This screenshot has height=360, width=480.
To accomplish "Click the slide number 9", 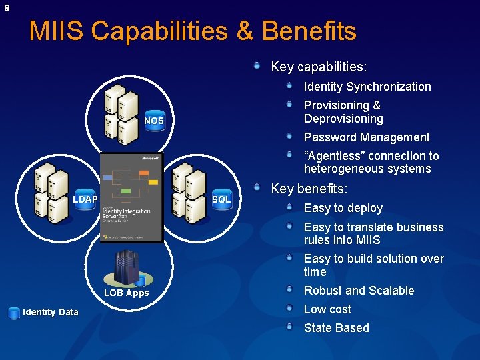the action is [x=7, y=8].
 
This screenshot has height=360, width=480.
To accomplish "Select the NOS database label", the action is [x=154, y=121].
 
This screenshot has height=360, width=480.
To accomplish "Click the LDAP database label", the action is [x=85, y=199].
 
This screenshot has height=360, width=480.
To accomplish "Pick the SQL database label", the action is [x=221, y=199].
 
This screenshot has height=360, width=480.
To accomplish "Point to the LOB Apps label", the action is [x=126, y=293].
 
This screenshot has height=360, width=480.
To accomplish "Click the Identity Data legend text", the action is [x=51, y=312].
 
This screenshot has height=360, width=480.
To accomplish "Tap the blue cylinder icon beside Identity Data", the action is [x=14, y=313].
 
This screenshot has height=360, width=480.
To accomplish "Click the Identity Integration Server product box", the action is [x=131, y=197].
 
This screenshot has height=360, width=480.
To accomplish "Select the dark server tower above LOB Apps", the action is [x=125, y=267].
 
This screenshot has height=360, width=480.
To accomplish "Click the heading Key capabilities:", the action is [x=319, y=67].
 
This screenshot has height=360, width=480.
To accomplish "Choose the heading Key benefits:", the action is [x=309, y=189].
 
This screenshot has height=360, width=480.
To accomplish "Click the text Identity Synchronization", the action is [x=367, y=87].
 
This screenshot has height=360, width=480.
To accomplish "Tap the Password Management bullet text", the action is [x=367, y=137].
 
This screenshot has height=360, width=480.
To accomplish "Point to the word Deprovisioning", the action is [x=343, y=119].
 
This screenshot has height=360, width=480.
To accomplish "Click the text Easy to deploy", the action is [x=343, y=208].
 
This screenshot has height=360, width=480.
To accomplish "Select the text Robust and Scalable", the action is [x=359, y=291].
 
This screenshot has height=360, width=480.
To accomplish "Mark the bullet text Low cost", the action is [x=327, y=309].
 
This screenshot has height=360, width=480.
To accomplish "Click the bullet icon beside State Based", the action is [x=289, y=327].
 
